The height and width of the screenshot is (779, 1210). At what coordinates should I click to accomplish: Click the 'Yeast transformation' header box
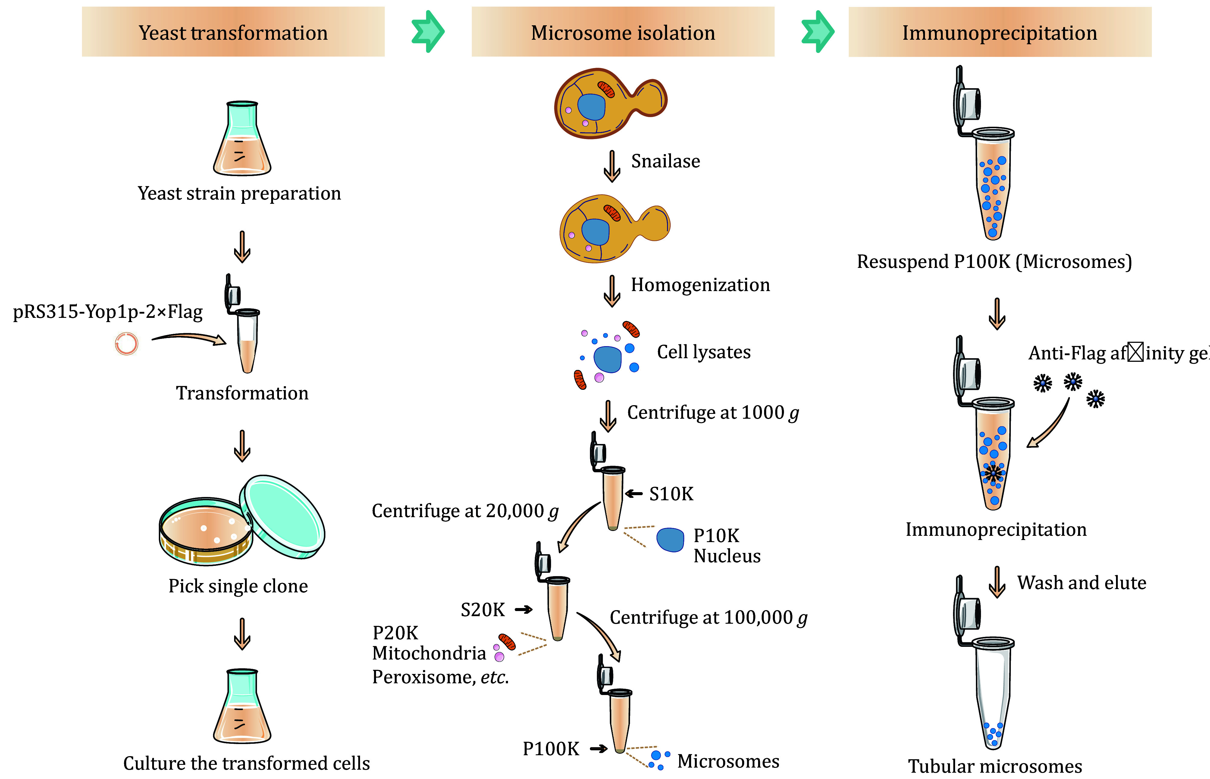(233, 32)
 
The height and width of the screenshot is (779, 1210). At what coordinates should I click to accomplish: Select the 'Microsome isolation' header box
(623, 32)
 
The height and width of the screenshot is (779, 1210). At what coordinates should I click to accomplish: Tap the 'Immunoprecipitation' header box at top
(1000, 32)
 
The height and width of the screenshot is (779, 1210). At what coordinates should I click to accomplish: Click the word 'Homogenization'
(700, 285)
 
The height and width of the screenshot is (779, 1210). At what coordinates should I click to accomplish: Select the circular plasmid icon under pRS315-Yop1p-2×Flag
(126, 344)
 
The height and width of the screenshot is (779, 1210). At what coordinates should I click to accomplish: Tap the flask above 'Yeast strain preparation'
(242, 139)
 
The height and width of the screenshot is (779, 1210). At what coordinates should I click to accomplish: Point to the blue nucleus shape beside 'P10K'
(670, 540)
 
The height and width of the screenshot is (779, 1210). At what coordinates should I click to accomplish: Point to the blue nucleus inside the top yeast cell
(591, 107)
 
